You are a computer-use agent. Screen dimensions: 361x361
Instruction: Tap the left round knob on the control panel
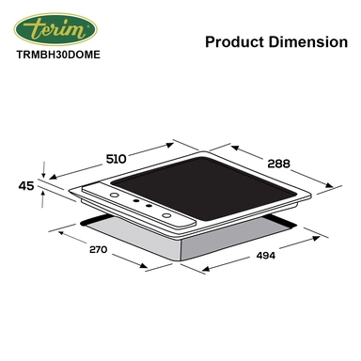pyautogui.click(x=114, y=196)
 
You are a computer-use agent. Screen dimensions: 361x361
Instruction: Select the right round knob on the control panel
pyautogui.click(x=168, y=217)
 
